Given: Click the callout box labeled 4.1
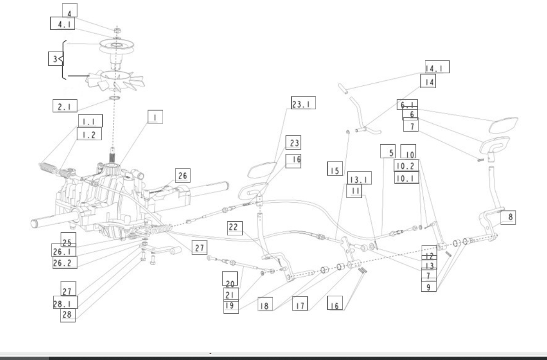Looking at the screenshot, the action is (63, 23).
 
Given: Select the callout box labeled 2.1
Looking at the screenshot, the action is (65, 106).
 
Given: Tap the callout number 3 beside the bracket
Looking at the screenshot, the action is (55, 59).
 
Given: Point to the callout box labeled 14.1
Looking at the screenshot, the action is (437, 67).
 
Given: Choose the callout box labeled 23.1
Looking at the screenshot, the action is (303, 103).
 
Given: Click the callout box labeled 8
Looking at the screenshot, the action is (509, 218).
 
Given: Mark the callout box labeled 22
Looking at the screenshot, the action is (235, 228).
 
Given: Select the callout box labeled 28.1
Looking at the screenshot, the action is (66, 302).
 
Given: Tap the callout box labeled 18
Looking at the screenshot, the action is (265, 304).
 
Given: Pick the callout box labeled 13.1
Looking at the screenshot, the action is (359, 178).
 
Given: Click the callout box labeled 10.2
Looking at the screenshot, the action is (406, 165).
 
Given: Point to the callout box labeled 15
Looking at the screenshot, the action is (335, 169).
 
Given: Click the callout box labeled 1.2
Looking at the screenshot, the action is (89, 134).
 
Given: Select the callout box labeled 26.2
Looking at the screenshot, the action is (65, 262).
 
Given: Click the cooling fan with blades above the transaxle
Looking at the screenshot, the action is (116, 81).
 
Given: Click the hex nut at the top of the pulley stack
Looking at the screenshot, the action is (117, 30).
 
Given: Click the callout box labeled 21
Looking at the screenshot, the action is (231, 294).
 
